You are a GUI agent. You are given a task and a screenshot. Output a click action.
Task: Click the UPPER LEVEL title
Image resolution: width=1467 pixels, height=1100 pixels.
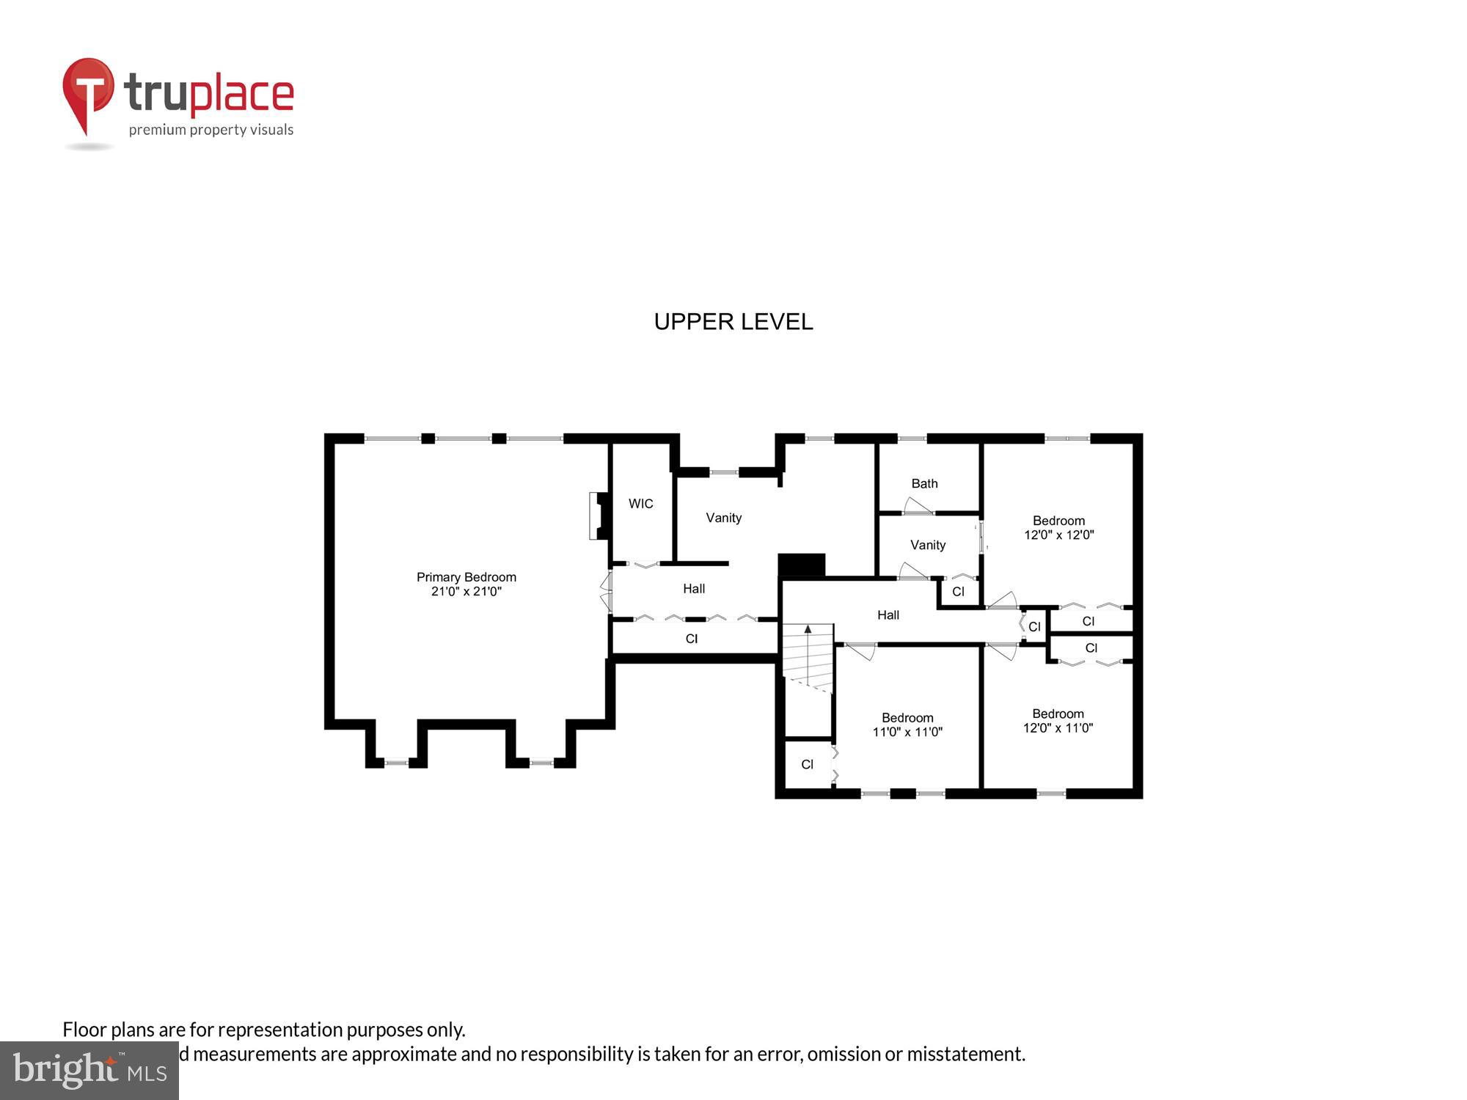coord(733,322)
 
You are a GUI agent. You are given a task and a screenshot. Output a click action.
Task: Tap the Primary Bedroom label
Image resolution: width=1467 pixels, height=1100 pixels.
coord(466,577)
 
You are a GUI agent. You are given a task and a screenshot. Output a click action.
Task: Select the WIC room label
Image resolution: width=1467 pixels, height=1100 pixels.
coord(640,504)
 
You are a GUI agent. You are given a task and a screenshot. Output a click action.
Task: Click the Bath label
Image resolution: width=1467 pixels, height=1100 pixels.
coord(924,483)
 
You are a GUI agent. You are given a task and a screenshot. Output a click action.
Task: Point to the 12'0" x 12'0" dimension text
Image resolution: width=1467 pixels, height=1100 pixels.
coord(1058,535)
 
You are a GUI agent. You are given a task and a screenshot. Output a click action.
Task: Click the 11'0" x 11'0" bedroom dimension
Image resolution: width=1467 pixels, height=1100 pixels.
coord(907,732)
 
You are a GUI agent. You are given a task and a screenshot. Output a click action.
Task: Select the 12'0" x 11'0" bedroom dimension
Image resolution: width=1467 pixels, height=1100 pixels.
coord(1058,728)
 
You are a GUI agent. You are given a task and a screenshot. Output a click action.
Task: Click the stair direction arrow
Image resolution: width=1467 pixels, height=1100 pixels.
coord(808,630)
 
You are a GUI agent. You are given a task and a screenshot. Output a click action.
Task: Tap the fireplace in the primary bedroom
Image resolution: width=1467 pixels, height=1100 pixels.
coord(599,516)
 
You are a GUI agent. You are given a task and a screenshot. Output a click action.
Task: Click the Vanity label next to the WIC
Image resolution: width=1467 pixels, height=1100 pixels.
coord(723,518)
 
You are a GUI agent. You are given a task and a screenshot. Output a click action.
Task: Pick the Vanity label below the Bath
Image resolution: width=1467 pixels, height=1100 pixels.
coord(927,545)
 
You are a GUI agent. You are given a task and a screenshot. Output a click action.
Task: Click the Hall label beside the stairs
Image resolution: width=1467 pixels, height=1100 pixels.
coord(888,615)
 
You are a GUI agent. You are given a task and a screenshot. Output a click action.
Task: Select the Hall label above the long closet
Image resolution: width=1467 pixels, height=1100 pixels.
coord(693,589)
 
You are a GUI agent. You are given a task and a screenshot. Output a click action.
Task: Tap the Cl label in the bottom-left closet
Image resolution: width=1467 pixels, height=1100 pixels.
coord(807,765)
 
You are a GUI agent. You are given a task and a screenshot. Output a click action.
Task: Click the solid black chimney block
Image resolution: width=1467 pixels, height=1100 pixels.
coord(801,565)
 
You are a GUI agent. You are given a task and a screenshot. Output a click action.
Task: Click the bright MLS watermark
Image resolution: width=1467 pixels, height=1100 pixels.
coord(89,1071)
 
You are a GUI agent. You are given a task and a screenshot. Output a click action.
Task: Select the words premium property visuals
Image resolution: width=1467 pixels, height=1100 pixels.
coord(211,131)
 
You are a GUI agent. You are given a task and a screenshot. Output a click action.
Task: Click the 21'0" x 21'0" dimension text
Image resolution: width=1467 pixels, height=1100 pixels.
coord(466,592)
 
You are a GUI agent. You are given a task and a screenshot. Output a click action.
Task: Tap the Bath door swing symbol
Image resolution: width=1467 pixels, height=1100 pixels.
coord(916,506)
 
